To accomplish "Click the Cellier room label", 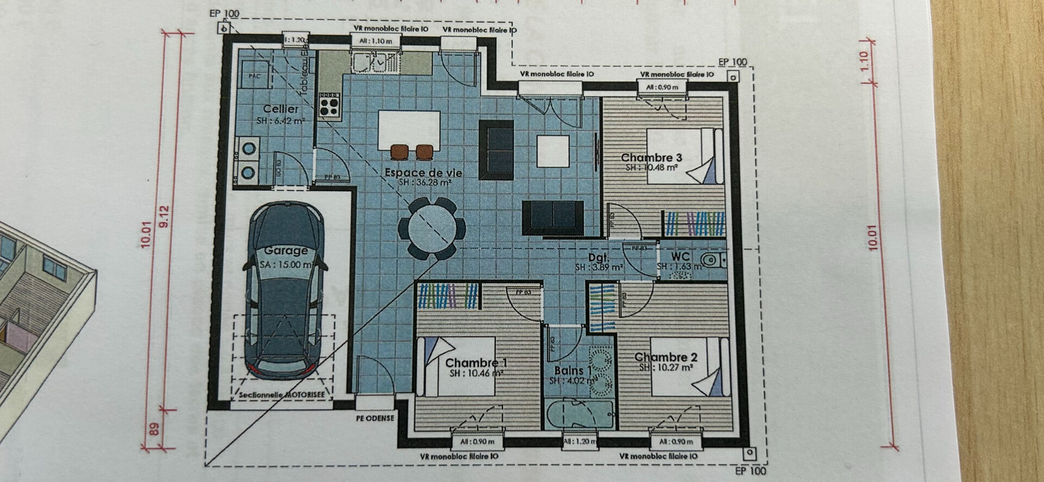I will click(281, 109).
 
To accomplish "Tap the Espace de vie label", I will click(424, 172).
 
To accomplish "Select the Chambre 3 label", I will click(651, 158).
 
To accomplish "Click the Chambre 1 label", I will click(476, 362).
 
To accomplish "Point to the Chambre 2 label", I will click(666, 357).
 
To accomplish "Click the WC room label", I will click(680, 256).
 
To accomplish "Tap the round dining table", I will click(432, 228).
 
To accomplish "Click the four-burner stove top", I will click(330, 104).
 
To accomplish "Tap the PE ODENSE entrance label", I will click(375, 418).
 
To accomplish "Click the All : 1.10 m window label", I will click(375, 41).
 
